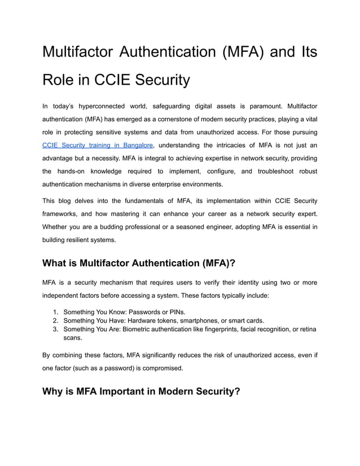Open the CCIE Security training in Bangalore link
click(x=98, y=145)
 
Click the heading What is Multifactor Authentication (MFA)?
click(x=139, y=263)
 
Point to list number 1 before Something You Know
click(x=56, y=312)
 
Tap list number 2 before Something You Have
click(x=56, y=320)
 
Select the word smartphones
click(x=201, y=320)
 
